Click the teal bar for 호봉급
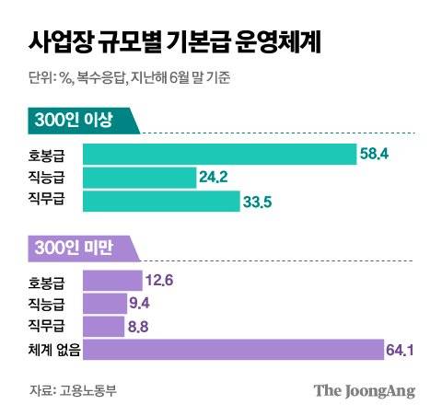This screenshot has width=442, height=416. tap(219, 153)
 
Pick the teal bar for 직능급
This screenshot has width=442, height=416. tap(139, 177)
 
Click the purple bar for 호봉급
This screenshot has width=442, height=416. tap(112, 280)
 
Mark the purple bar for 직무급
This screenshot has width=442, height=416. tap(103, 326)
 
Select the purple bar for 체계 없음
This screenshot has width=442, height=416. tap(233, 350)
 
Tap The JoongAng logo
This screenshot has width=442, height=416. tap(364, 390)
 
